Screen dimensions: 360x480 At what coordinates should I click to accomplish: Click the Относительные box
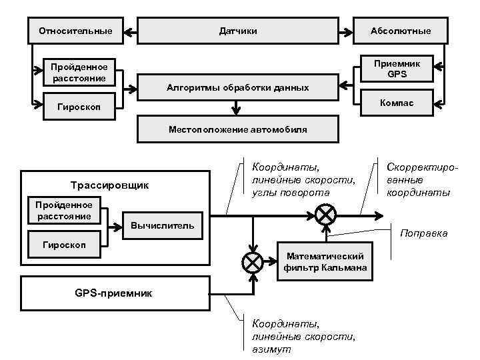point(75,31)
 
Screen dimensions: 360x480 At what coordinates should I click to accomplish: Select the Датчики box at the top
point(238,31)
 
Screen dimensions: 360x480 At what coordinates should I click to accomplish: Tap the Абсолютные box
point(401,31)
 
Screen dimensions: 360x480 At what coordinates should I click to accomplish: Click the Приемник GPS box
point(397,69)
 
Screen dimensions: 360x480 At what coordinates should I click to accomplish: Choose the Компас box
point(397,103)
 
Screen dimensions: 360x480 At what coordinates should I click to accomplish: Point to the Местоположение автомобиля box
point(237,129)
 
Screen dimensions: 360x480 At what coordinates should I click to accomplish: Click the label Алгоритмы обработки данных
point(237,88)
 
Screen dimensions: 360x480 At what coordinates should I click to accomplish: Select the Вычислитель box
point(163,225)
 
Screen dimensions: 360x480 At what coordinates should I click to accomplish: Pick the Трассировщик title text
point(110,185)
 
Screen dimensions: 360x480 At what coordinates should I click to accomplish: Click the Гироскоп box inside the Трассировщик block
point(64,245)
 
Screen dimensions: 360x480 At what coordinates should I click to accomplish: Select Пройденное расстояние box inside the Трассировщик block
point(64,210)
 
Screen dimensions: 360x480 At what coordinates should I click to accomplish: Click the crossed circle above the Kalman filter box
point(325,215)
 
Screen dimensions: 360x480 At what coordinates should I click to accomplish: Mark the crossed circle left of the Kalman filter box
point(253,262)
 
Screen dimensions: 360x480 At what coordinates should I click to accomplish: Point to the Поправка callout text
point(423,233)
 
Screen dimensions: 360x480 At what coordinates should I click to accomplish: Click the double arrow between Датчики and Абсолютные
point(345,31)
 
